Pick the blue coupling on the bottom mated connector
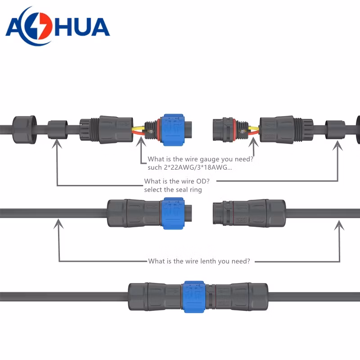[194, 297]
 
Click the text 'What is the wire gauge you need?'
[200, 159]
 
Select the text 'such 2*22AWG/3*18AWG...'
[189, 167]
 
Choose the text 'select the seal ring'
[173, 189]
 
